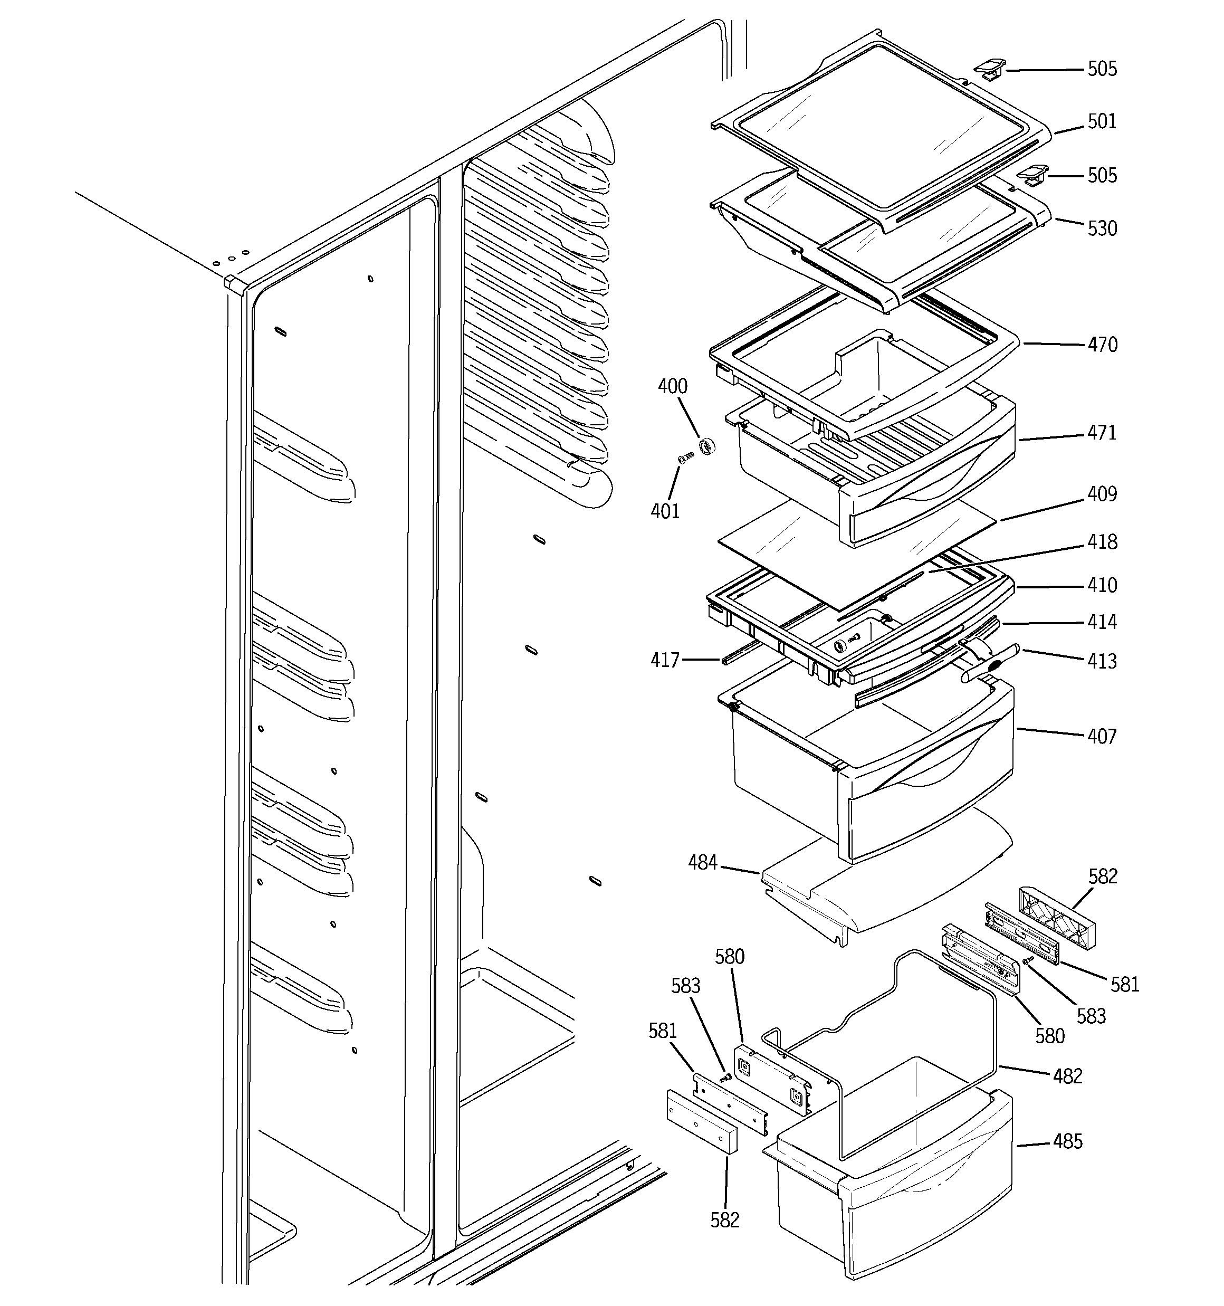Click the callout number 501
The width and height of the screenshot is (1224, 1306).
(1102, 121)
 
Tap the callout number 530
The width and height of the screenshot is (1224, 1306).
(1102, 228)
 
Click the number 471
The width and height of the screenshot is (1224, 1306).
(1102, 433)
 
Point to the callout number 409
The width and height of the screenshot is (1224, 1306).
(1102, 494)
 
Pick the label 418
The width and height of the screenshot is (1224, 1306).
(1102, 542)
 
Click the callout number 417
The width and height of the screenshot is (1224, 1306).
(665, 660)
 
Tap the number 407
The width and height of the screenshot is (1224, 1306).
(1102, 737)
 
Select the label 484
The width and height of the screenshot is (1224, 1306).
(702, 863)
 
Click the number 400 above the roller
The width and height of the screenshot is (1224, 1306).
(673, 386)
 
